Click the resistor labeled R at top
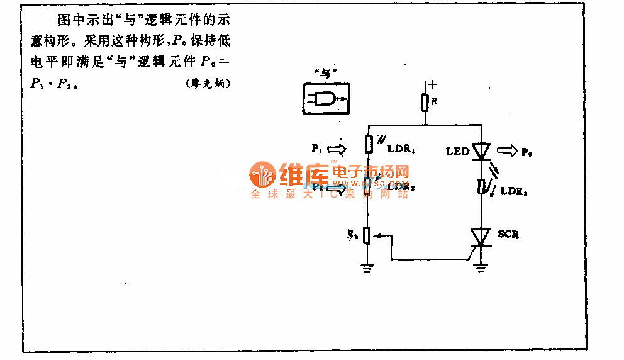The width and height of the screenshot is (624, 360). pyautogui.click(x=425, y=101)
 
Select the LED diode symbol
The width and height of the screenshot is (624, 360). pyautogui.click(x=481, y=151)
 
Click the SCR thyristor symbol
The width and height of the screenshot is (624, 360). pyautogui.click(x=481, y=237)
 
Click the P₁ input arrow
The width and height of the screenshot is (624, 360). pyautogui.click(x=337, y=149)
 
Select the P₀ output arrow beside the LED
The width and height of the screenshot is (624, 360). pyautogui.click(x=506, y=151)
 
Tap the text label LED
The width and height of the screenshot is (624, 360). pyautogui.click(x=457, y=152)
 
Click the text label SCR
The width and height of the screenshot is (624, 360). pyautogui.click(x=508, y=234)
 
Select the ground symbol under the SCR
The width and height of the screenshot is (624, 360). pyautogui.click(x=481, y=268)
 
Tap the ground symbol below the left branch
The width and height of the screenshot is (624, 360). pyautogui.click(x=369, y=269)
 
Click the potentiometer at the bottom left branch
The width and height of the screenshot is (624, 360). pyautogui.click(x=369, y=237)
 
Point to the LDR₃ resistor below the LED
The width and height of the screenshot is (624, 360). pyautogui.click(x=481, y=186)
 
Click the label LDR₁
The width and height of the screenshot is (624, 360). pyautogui.click(x=403, y=149)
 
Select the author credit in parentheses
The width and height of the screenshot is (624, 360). pyautogui.click(x=209, y=84)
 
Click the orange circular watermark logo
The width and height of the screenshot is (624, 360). pyautogui.click(x=262, y=175)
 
